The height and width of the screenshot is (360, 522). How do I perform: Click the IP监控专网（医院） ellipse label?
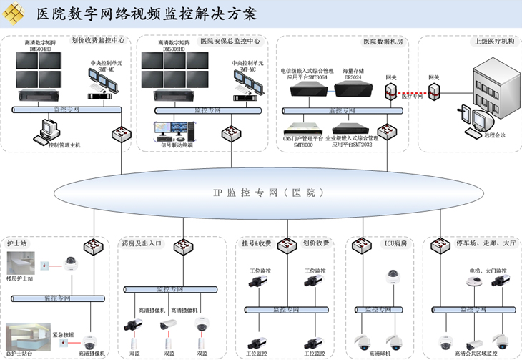coord(268,193)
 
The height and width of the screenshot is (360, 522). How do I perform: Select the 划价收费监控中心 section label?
coord(98,41)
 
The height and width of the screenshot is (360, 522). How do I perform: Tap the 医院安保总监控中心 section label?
coord(230,42)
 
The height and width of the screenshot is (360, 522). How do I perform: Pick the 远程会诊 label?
coord(494,135)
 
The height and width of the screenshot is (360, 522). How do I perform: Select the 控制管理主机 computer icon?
coord(48,129)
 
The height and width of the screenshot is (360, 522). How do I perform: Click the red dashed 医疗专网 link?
coord(413,94)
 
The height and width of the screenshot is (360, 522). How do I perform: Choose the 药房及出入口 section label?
coord(142,244)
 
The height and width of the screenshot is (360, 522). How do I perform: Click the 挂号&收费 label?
coord(256,244)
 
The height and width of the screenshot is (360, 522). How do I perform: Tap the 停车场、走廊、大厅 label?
coord(486,244)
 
